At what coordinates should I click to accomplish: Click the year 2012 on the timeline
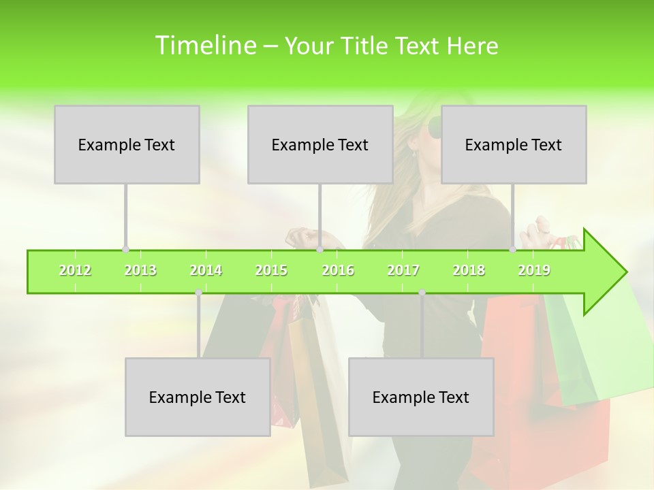coord(75,270)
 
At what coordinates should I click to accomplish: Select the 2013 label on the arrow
coord(140,270)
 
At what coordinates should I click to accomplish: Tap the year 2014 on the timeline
coord(206,270)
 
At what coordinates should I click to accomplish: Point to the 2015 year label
coord(271,270)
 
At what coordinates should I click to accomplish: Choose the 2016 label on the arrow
coord(338,270)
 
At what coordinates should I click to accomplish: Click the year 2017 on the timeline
coord(403,270)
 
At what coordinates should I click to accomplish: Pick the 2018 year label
coord(469,270)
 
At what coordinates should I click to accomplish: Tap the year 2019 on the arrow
coord(534,270)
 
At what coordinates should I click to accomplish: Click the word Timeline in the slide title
coord(204,46)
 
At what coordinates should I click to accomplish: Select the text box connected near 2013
coord(127,144)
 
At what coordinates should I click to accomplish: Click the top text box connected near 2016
coord(320,144)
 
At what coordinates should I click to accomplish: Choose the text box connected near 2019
coord(514,144)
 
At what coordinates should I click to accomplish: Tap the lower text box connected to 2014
coord(198,397)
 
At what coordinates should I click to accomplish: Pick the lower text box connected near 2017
coord(421,397)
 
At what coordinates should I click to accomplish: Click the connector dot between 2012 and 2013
coord(125,250)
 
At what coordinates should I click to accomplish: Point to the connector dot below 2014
coord(198,293)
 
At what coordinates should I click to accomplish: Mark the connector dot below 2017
coord(422,293)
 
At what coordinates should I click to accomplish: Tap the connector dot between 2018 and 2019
coord(512,250)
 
